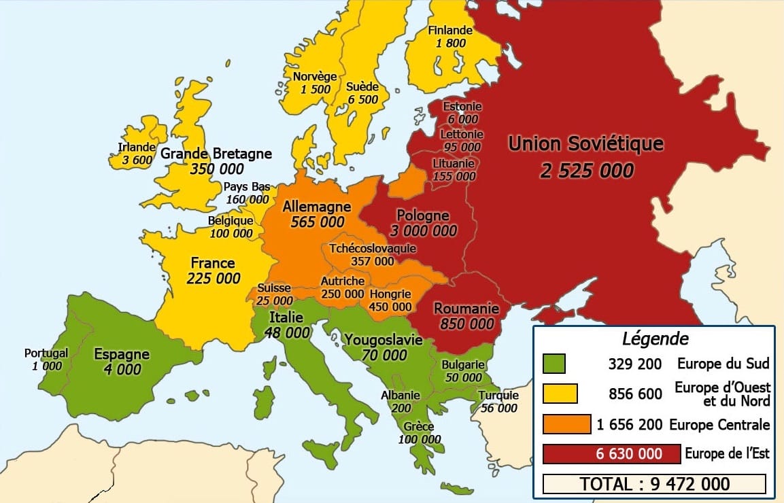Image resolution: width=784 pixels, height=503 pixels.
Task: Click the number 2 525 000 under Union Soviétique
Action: pos(586,170)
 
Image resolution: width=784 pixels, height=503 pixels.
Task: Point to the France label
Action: pos(212,262)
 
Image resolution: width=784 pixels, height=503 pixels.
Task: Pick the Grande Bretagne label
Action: pos(216,153)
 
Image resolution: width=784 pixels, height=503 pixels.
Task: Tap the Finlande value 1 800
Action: pos(449,43)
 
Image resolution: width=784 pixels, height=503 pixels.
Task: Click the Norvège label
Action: pos(315,76)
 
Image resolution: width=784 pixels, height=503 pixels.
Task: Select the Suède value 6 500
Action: pos(362,99)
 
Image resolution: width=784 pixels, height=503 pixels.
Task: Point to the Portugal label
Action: pos(46,353)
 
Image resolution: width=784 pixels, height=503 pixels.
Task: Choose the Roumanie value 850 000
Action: pos(466,324)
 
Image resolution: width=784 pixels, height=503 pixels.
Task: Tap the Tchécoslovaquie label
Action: pos(372,248)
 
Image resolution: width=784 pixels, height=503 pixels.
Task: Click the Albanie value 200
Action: pos(401,408)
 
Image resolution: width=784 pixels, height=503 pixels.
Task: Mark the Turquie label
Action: pos(498,396)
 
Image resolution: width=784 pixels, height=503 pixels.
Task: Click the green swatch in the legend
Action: pos(554,364)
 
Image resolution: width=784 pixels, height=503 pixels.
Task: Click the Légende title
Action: pos(655,339)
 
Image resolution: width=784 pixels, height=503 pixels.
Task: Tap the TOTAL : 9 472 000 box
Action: pos(654,483)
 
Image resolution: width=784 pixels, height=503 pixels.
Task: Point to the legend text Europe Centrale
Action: pos(719,425)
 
